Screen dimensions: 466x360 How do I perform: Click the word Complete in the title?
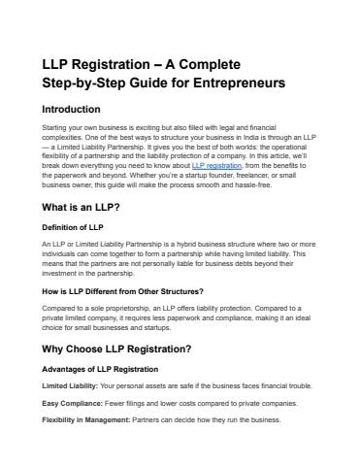[x=222, y=64]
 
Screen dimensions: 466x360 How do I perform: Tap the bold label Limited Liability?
[x=70, y=386]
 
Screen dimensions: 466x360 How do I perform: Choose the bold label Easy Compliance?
[x=73, y=403]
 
